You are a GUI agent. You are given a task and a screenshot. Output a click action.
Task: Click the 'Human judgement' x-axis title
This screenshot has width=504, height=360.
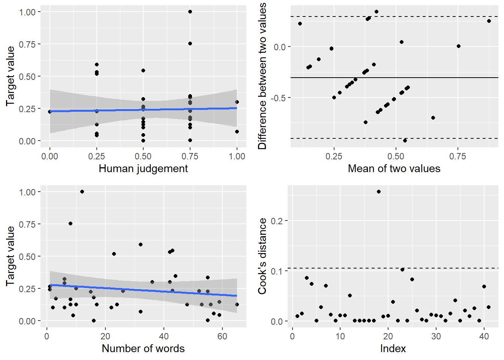[x=143, y=169]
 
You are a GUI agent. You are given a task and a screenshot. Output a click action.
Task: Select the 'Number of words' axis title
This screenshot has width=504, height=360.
[x=143, y=349]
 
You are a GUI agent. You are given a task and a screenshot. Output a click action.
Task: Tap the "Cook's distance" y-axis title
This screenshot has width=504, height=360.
[x=262, y=256]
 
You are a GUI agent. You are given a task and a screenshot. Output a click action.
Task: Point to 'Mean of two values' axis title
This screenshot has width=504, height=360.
[x=394, y=169]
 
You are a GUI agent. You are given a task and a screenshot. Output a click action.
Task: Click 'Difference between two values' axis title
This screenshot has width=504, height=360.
[x=262, y=76]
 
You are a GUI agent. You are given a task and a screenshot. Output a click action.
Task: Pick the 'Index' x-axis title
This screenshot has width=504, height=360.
[x=393, y=349]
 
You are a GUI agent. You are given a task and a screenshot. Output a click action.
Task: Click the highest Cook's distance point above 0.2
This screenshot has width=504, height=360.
[x=379, y=192]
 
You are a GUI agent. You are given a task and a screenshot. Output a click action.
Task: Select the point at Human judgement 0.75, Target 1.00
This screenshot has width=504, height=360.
[x=190, y=12]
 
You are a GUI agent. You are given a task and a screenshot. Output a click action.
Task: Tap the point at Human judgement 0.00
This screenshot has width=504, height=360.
[x=50, y=112]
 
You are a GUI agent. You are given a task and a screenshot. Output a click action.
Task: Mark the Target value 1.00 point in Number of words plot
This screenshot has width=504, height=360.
[x=82, y=192]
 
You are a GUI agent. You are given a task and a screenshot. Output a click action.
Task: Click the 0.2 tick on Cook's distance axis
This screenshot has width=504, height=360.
[x=277, y=221]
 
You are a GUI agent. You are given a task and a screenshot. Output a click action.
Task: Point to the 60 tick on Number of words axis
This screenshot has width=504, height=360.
[x=222, y=336]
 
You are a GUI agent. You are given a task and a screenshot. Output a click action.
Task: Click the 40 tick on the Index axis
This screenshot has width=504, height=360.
[x=484, y=336]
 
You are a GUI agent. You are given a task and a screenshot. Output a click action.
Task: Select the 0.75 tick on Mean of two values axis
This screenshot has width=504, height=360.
[x=457, y=156]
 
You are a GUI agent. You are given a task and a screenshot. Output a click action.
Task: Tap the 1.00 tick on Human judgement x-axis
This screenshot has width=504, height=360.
[x=237, y=156]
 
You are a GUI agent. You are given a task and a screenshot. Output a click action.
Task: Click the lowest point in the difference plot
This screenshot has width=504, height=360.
[x=405, y=141]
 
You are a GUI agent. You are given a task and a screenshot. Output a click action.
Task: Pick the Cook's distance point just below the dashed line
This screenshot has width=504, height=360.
[x=402, y=270]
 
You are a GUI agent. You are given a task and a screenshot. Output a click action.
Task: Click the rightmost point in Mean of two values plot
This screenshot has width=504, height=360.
[x=489, y=21]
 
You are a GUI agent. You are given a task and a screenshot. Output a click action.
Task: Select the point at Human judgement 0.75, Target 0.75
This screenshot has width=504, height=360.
[x=190, y=43]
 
